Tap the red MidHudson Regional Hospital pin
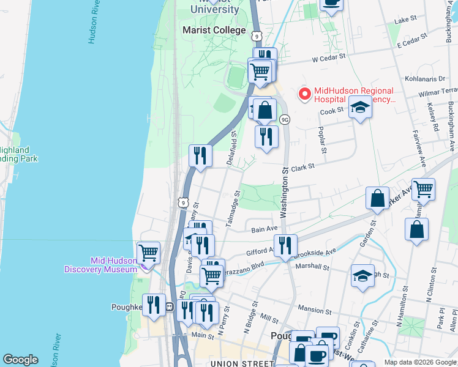303,94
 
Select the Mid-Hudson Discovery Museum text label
102,265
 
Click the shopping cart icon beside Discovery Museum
148,251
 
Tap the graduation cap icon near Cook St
360,108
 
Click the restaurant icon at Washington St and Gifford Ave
285,245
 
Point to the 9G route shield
285,119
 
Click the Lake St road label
405,20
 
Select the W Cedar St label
329,59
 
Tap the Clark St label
302,166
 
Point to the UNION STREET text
241,363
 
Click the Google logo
20,360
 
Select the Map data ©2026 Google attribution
419,362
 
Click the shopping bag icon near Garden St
378,198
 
